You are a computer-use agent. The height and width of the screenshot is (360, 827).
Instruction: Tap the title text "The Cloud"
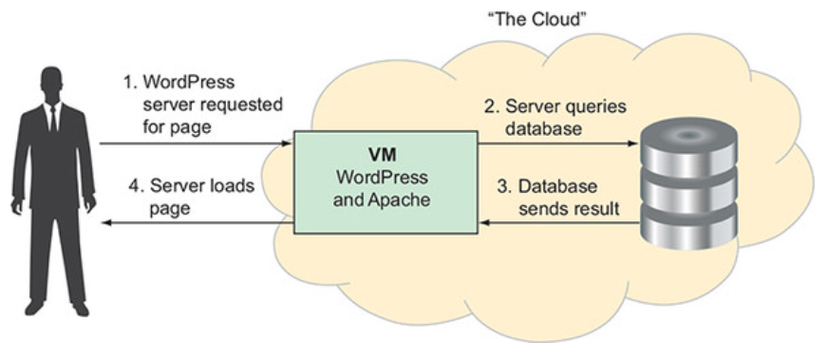[525, 19]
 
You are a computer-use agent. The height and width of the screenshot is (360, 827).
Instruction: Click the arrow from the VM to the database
[555, 144]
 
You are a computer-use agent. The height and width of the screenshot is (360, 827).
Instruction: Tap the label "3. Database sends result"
[561, 195]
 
